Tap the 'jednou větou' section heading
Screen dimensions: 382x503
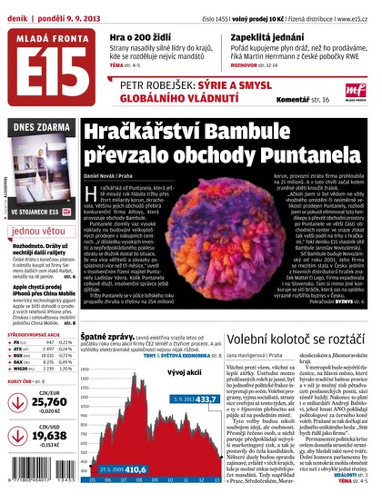(40, 232)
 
